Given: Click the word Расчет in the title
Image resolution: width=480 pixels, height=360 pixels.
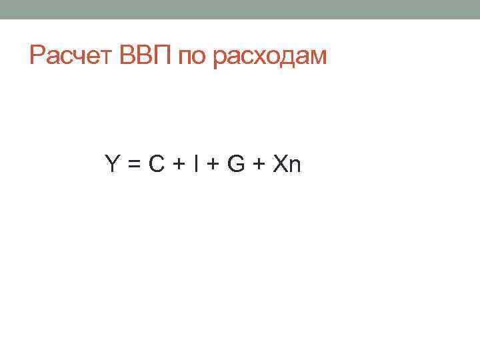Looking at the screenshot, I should click(x=73, y=57).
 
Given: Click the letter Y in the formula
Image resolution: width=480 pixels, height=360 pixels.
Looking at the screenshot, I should click(x=112, y=163).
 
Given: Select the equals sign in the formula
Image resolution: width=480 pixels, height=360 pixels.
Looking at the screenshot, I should click(x=134, y=164).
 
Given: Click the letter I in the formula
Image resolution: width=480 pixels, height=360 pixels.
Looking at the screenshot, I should click(x=195, y=163).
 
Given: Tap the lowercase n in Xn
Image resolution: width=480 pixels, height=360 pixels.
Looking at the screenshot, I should click(x=295, y=165).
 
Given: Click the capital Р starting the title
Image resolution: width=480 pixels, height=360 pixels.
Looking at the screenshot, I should click(x=37, y=57).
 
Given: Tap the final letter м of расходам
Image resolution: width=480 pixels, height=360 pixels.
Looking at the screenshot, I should click(x=318, y=58).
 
